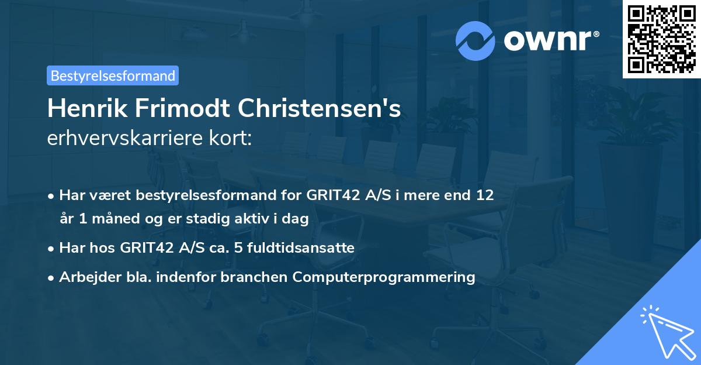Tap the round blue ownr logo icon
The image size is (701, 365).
(476, 40)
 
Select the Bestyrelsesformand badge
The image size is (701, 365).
(113, 75)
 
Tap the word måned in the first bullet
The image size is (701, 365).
(106, 219)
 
